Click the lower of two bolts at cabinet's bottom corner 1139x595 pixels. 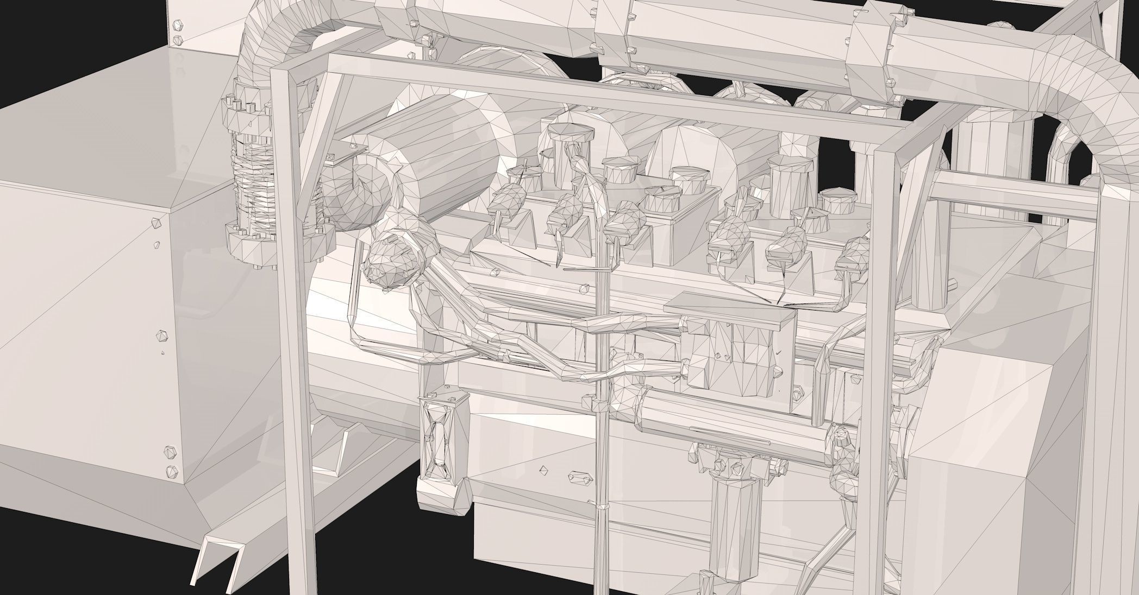click(173, 471)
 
